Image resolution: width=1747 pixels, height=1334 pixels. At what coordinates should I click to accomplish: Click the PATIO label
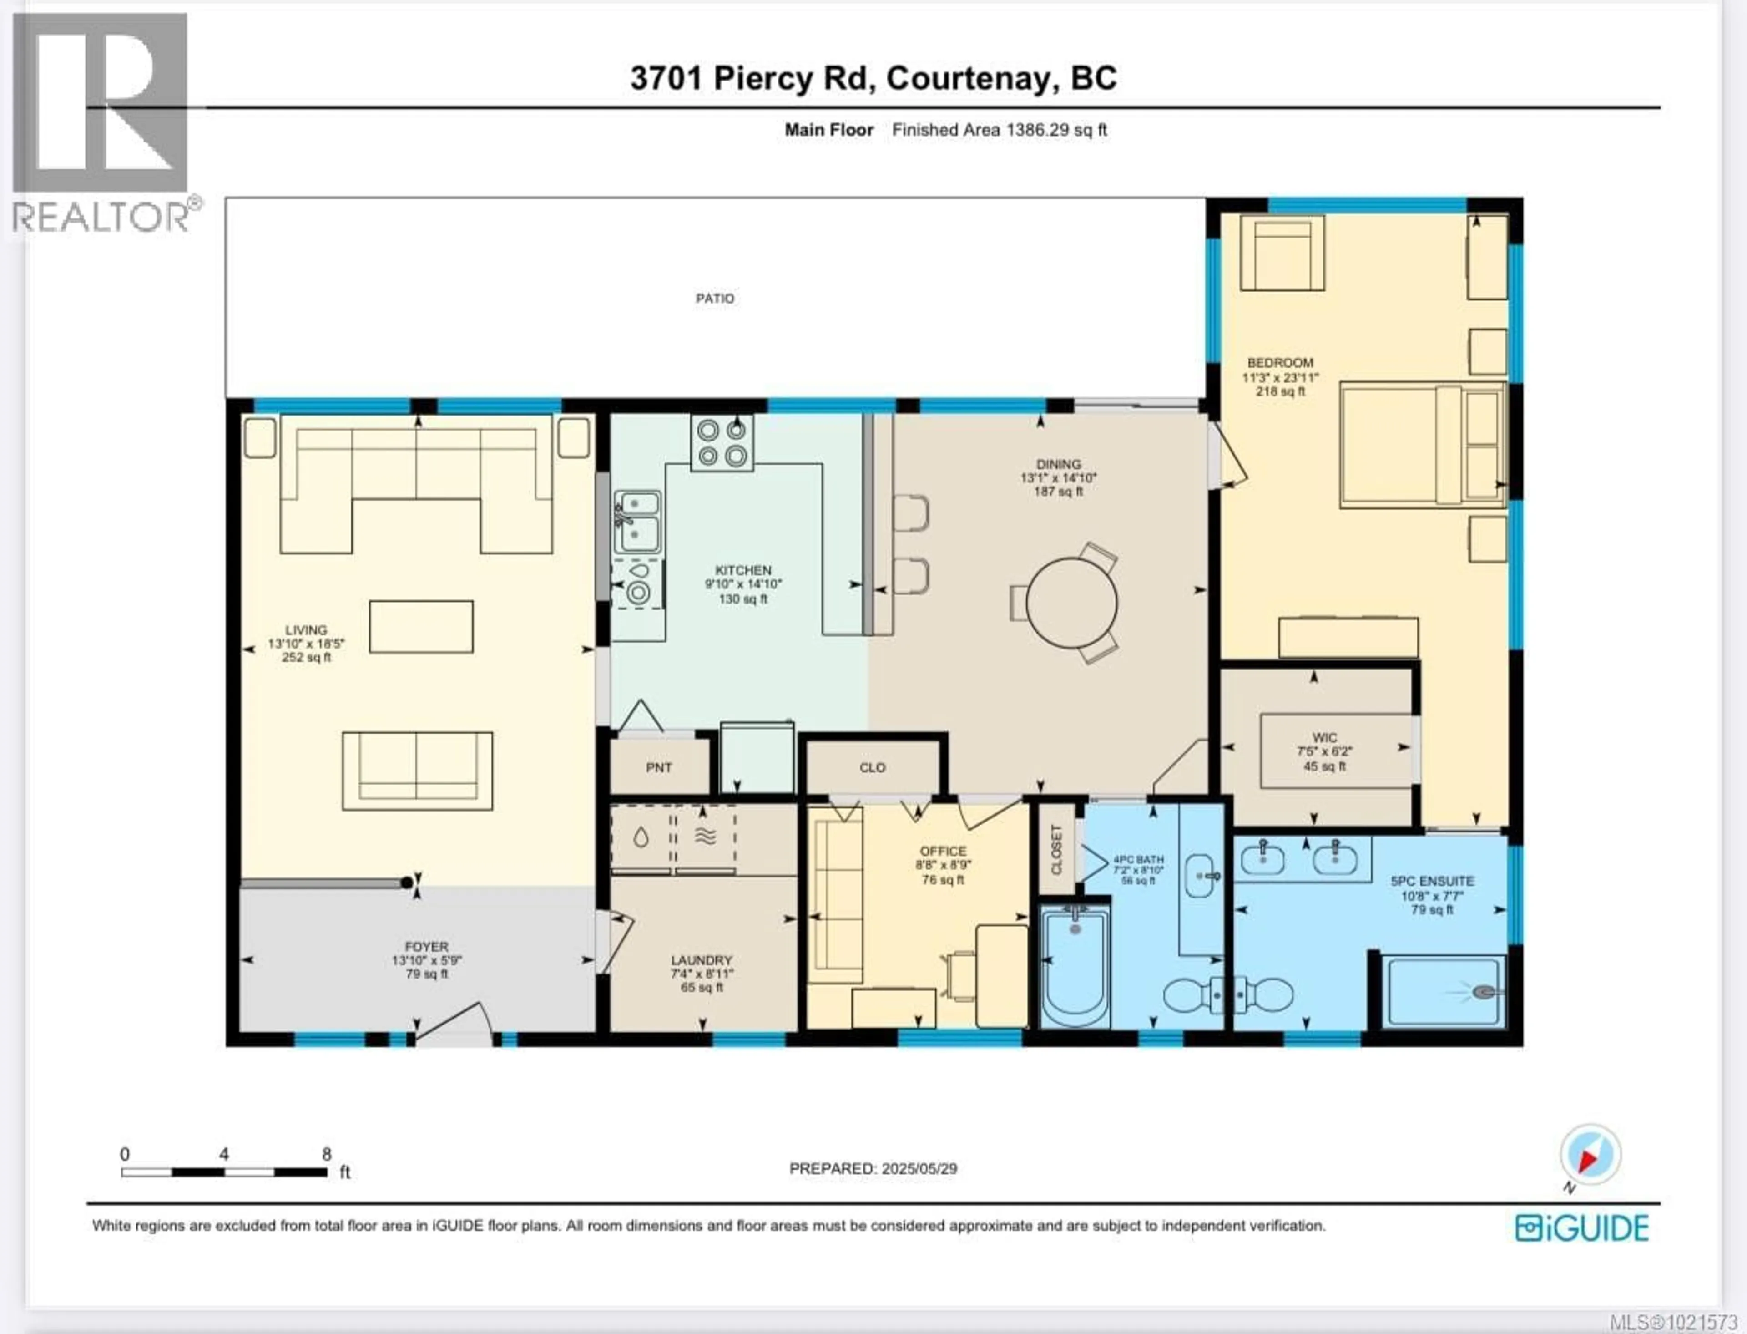point(714,299)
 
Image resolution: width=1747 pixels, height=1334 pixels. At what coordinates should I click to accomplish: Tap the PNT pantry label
point(659,768)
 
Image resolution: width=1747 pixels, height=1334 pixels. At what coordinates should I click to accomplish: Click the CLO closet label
point(872,768)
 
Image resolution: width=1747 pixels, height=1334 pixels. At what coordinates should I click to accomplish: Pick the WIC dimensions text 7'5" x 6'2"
point(1324,751)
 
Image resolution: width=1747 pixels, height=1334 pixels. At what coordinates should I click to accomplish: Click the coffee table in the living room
point(421,627)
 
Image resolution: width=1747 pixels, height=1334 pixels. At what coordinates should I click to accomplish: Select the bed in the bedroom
point(1422,446)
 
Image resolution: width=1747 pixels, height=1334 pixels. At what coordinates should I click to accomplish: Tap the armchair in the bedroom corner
point(1282,254)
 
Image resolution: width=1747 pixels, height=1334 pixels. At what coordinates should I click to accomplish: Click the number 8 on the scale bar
point(326,1154)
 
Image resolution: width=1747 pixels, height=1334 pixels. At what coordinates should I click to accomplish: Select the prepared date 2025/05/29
point(919,1169)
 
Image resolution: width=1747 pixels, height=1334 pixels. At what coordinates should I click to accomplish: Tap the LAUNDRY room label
point(701,960)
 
